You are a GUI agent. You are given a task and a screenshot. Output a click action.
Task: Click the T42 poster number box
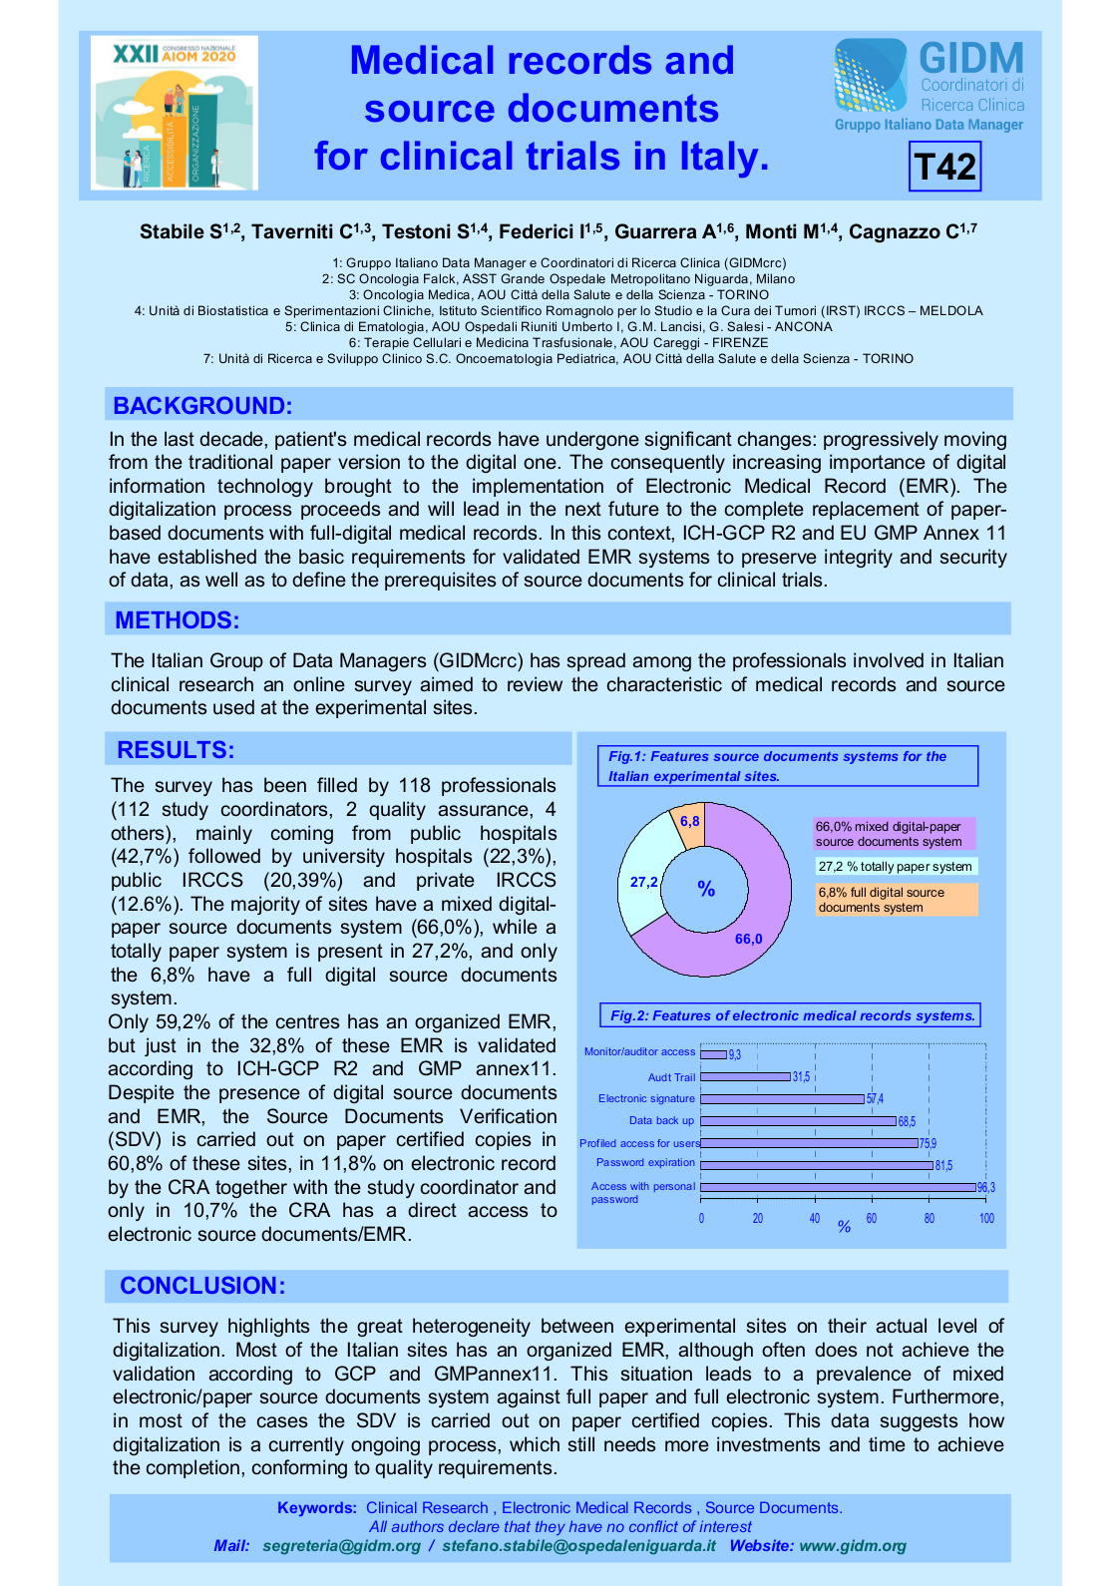[x=944, y=166]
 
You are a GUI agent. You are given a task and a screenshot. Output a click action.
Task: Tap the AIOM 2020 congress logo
[x=175, y=113]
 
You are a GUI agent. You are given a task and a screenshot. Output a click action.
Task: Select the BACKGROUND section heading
[x=202, y=405]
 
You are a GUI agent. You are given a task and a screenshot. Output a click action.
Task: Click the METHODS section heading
[x=178, y=619]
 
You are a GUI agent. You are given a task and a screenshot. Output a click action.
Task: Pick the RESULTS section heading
[x=176, y=750]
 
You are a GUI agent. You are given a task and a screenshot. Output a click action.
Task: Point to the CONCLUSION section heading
[x=202, y=1286]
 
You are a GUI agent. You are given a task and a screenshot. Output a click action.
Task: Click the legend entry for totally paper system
[x=895, y=867]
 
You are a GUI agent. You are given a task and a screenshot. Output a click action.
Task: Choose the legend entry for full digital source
[x=897, y=900]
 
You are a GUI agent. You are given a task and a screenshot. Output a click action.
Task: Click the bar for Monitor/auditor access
[x=713, y=1053]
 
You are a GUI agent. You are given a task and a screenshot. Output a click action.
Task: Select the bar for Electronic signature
[x=782, y=1098]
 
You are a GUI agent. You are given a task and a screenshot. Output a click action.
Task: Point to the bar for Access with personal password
[x=838, y=1187]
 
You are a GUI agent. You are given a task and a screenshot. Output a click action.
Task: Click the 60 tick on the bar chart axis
[x=872, y=1219]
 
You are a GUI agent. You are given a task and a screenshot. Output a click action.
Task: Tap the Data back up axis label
[x=661, y=1120]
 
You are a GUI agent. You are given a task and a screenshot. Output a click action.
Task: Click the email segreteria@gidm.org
[x=341, y=1546]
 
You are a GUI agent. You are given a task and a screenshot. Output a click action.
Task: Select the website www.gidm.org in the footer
[x=853, y=1546]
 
